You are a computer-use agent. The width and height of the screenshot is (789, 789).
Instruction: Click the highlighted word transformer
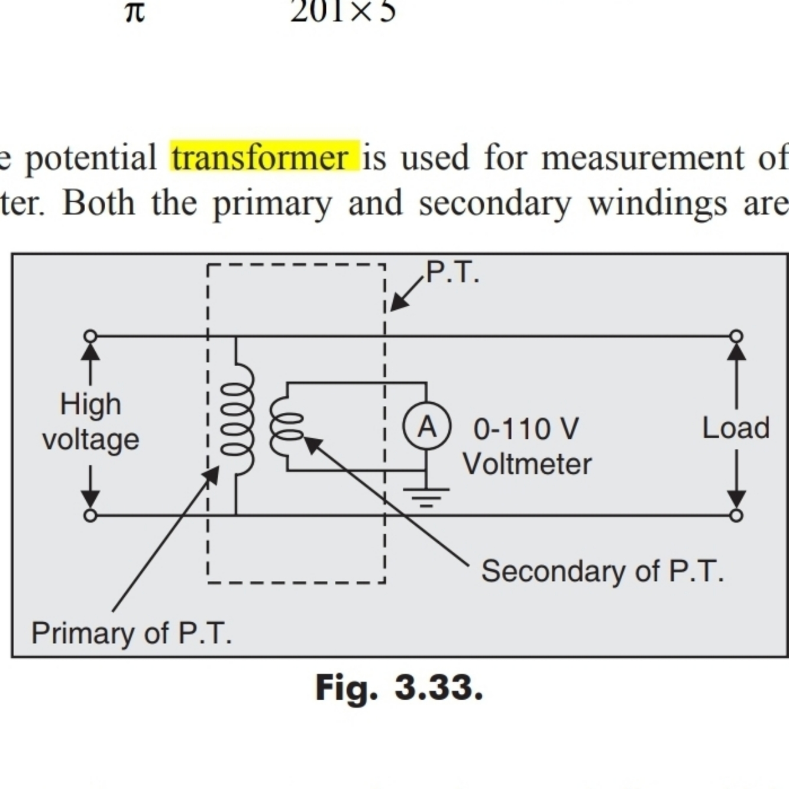point(265,157)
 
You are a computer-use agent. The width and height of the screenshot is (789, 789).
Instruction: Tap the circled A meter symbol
point(426,426)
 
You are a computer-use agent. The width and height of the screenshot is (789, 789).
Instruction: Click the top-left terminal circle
point(90,337)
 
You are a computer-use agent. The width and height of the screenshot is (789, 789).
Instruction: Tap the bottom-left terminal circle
point(90,515)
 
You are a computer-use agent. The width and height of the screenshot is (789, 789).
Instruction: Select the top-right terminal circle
point(736,337)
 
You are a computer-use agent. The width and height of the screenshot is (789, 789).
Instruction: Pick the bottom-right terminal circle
point(736,515)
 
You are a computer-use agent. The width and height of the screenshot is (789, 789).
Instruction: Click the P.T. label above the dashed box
point(452,273)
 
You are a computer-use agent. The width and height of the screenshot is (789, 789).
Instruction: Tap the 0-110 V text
point(526,429)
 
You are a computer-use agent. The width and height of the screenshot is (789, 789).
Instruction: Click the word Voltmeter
point(527,464)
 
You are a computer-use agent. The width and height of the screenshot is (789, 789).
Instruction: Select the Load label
point(736,428)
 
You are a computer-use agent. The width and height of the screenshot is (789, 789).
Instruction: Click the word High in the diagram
point(90,405)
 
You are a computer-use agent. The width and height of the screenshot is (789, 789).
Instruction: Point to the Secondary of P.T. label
point(602,571)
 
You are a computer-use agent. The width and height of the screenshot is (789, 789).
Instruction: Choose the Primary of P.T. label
point(131,633)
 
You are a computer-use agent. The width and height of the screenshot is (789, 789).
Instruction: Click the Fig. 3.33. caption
point(399,688)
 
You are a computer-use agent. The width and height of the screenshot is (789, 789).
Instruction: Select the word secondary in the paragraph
point(495,203)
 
